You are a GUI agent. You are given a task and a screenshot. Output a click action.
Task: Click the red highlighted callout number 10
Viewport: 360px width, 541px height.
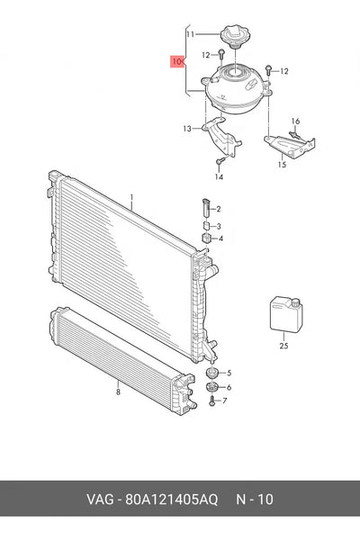point(176,62)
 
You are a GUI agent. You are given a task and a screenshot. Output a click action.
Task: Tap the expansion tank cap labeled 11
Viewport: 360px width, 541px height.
point(235,35)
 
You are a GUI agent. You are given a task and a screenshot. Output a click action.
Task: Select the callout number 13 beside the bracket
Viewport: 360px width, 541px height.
point(187,129)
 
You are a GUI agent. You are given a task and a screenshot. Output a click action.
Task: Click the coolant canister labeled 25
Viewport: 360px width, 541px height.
point(286,315)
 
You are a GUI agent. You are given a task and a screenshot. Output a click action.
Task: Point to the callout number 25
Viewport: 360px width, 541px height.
point(283,346)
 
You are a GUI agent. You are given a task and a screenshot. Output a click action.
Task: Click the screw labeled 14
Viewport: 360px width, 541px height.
point(220,160)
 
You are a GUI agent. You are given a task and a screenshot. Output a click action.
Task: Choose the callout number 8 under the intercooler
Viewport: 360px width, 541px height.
point(118,392)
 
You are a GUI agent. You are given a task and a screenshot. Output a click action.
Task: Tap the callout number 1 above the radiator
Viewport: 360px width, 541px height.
point(131,197)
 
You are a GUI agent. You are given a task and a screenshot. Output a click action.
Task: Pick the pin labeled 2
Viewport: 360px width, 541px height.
point(206,208)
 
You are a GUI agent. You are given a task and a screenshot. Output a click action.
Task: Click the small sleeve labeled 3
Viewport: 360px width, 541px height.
point(206,226)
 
